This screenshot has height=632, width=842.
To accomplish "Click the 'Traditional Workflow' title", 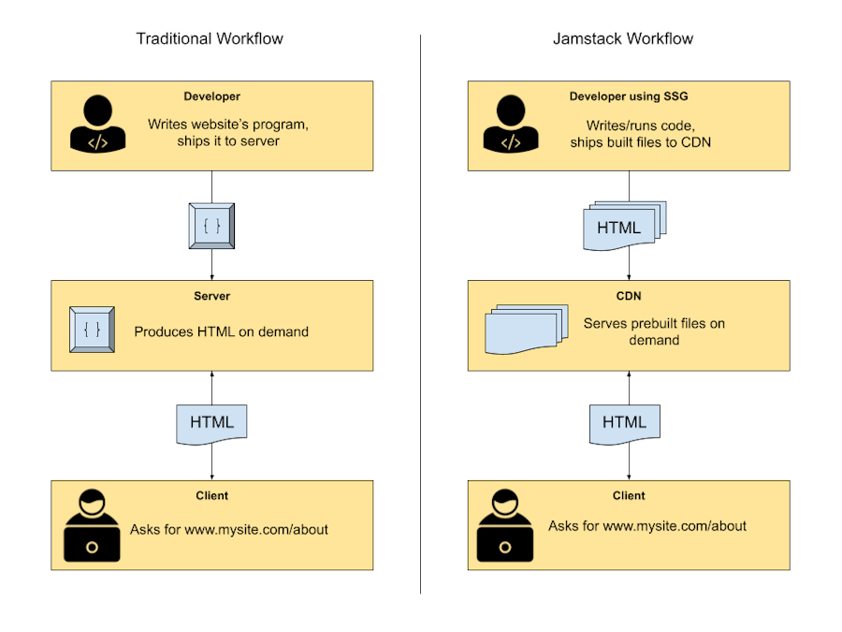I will [x=210, y=38].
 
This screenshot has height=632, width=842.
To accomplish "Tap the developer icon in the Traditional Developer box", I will [x=97, y=125].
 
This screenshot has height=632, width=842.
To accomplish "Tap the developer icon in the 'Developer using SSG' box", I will [x=510, y=125].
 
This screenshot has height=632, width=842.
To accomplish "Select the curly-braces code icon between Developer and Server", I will [x=211, y=226].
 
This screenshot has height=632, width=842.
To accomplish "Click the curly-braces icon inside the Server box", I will [x=93, y=330].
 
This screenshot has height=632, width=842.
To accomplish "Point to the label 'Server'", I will [x=211, y=296].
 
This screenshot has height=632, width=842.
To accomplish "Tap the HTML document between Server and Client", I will [x=211, y=422].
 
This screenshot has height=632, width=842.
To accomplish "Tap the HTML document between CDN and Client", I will [x=624, y=422].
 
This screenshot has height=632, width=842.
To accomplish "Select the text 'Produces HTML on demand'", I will [x=221, y=331].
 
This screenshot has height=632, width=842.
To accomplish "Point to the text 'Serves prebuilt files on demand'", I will [x=654, y=331].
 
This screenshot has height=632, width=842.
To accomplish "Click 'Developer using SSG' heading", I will [x=629, y=96].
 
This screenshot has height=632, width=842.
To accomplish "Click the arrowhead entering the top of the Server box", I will [x=211, y=276].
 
